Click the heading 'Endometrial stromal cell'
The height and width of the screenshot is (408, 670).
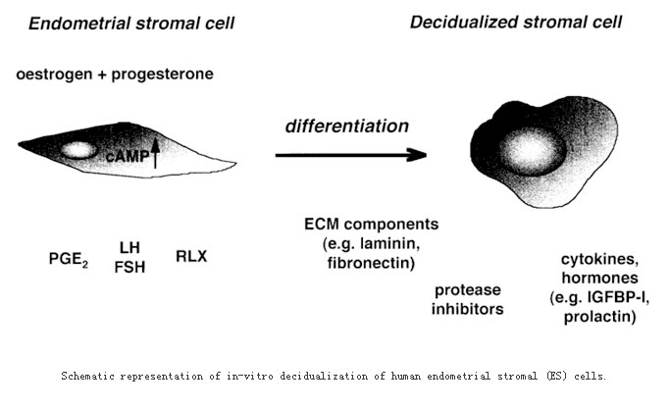(131, 24)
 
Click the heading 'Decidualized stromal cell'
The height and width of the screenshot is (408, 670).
(516, 22)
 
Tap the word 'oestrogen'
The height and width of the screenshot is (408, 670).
(54, 75)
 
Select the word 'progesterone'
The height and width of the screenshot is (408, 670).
(163, 75)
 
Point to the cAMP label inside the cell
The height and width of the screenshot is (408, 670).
(128, 156)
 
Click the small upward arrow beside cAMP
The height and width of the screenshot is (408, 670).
(155, 153)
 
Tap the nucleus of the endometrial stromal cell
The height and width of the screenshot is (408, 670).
(78, 150)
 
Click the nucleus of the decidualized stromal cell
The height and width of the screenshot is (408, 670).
(532, 151)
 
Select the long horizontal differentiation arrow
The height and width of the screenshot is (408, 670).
(351, 155)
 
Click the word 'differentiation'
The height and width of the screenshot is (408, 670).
(347, 127)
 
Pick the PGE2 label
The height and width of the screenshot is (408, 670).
(69, 259)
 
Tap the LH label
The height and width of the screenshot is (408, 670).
(129, 247)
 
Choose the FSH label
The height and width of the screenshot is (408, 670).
(129, 267)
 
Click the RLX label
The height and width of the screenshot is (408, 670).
(191, 256)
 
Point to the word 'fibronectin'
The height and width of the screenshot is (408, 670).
(371, 262)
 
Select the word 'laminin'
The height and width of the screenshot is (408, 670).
(389, 243)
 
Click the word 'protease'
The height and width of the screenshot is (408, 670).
(468, 290)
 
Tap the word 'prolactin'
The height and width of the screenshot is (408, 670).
(600, 317)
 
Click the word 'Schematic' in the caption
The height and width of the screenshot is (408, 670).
(87, 377)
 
